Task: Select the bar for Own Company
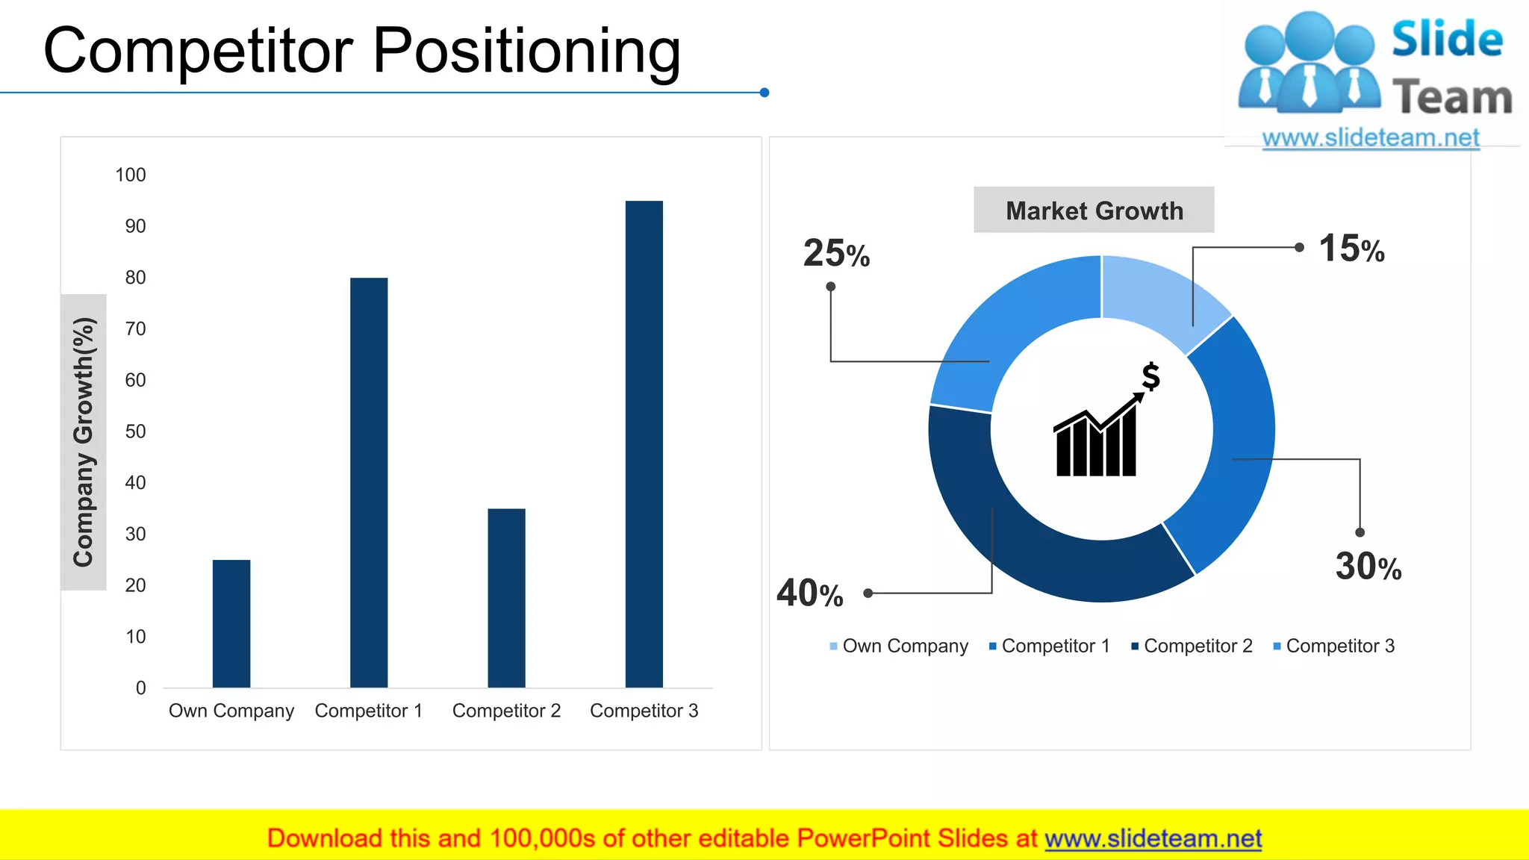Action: (x=231, y=623)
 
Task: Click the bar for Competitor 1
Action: (x=369, y=482)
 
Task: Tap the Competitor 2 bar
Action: (x=506, y=597)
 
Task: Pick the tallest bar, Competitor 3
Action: (x=644, y=443)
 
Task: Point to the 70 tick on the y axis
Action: (x=135, y=328)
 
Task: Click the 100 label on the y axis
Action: (x=131, y=175)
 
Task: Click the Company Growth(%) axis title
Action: (x=84, y=442)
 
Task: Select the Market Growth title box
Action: (x=1094, y=211)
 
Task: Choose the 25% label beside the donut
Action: (x=836, y=253)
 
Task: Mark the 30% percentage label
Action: (x=1368, y=566)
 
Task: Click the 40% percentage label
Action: (x=810, y=593)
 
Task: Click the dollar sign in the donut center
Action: (x=1150, y=376)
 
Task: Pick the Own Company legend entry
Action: (x=899, y=646)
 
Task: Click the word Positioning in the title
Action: (x=526, y=51)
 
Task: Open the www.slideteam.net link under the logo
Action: (x=1371, y=138)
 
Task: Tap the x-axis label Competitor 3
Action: (x=644, y=711)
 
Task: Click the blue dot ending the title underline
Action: (x=764, y=93)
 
